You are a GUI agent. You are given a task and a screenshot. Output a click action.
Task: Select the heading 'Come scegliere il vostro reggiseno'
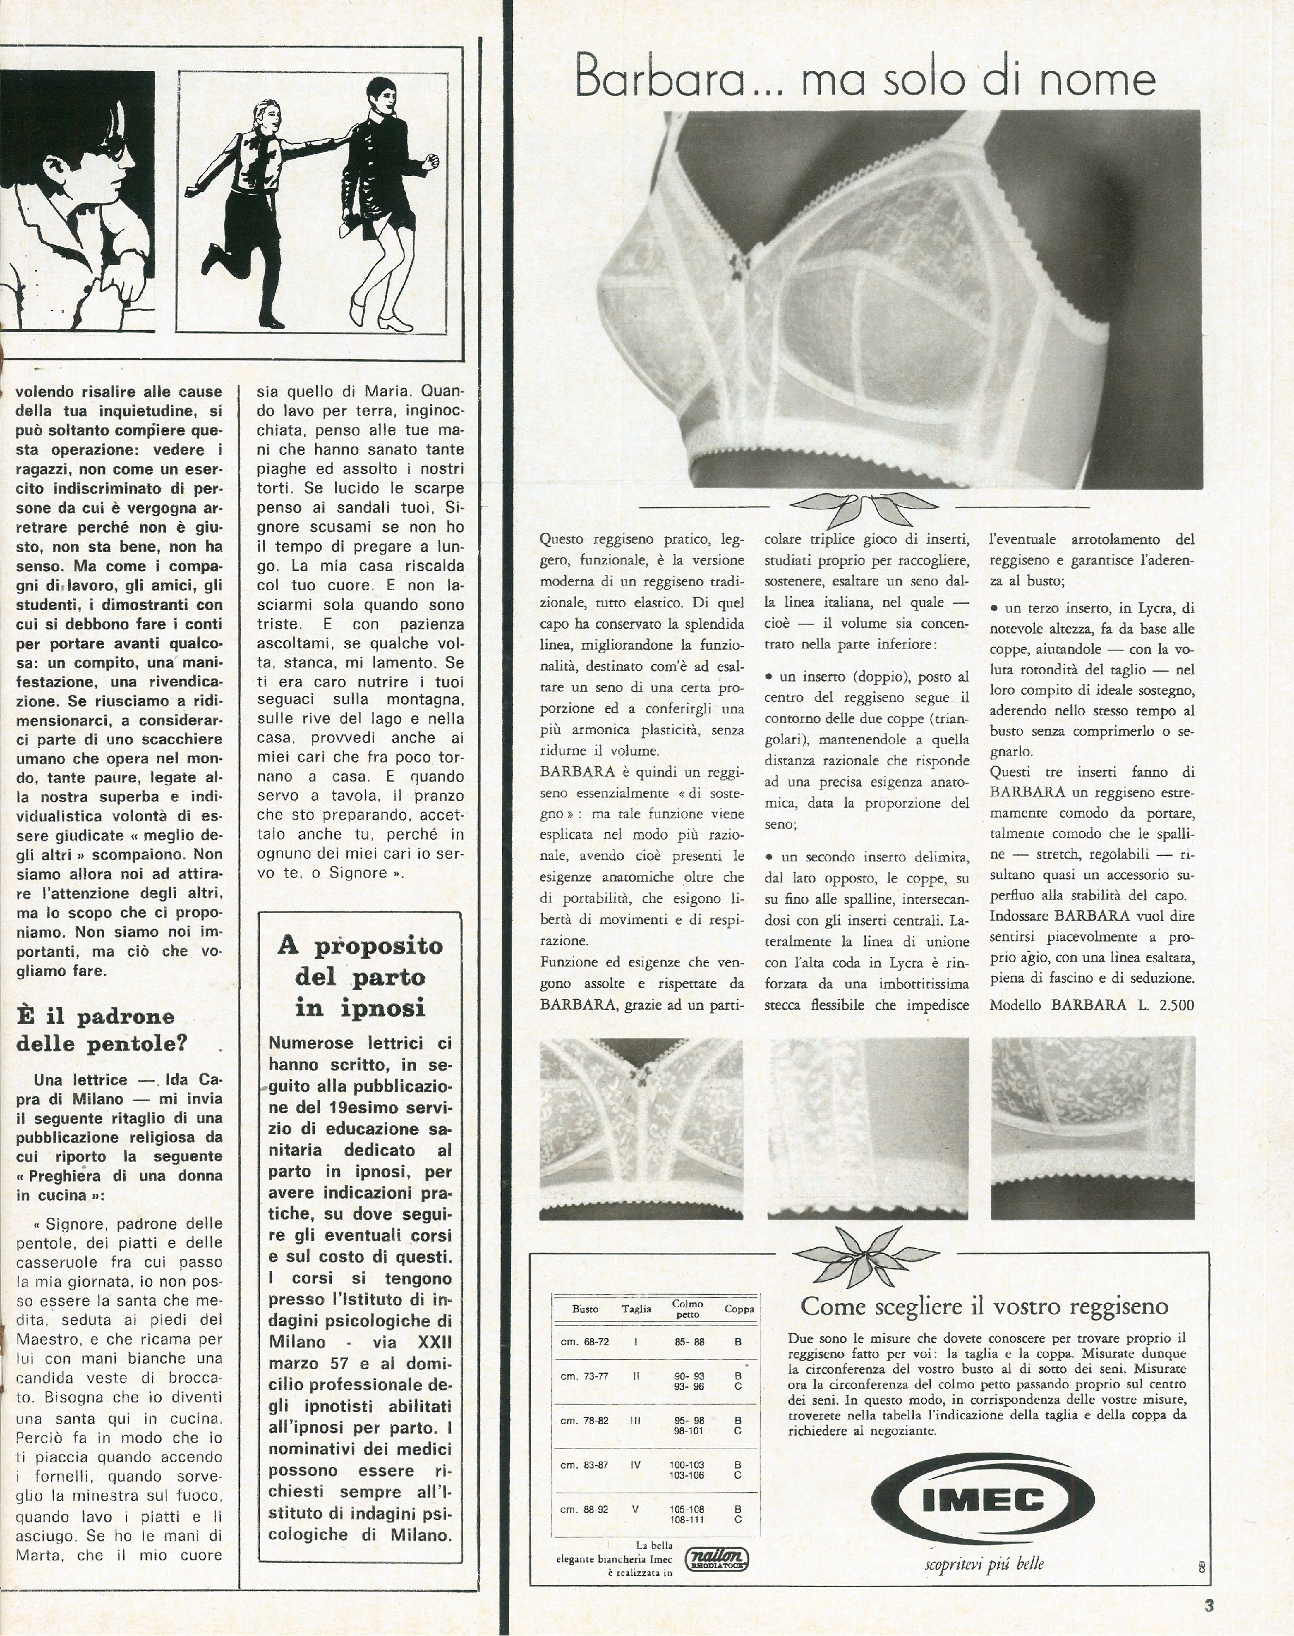984,1306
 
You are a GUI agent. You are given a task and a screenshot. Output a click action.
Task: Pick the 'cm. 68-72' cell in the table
584,1341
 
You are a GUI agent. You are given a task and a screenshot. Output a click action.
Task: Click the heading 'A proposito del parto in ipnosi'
360,977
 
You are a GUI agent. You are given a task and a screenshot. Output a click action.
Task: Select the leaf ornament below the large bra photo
864,507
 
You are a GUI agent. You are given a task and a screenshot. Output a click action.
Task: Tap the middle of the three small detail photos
868,1128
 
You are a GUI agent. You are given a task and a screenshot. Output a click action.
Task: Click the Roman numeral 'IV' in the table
636,1465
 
